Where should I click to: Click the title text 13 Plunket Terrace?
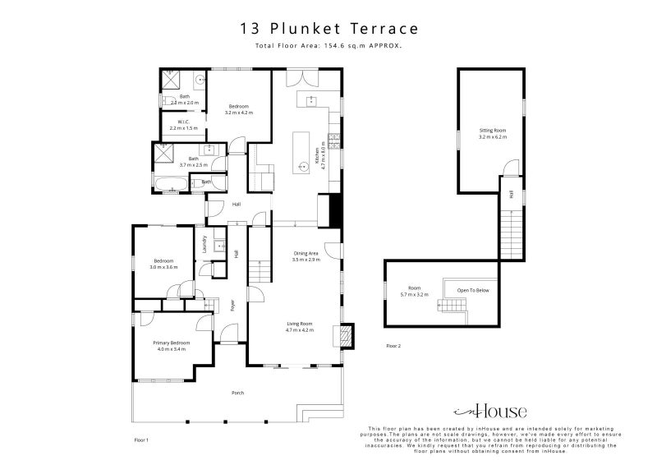pos(328,28)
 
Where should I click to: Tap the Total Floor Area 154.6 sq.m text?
pos(328,47)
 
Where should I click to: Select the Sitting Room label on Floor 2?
pos(493,133)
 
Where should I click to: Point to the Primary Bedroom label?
pos(172,345)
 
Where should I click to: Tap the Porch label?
pos(237,393)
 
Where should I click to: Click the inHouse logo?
pos(491,412)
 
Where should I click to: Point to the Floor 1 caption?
pos(140,441)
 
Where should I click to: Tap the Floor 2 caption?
pos(393,347)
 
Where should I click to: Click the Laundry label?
pos(203,243)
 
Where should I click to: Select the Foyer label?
pos(232,305)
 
